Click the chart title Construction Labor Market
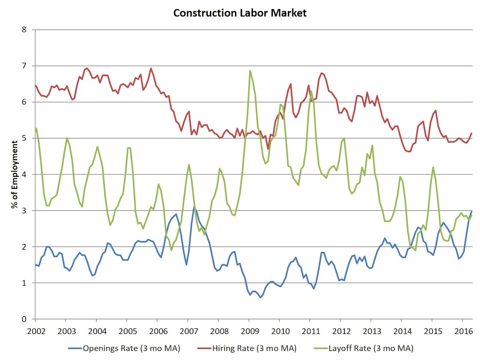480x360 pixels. (x=240, y=13)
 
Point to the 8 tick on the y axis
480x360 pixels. (x=24, y=30)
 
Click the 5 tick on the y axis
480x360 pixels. (x=24, y=138)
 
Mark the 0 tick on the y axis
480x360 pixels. (x=24, y=319)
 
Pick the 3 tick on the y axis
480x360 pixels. (x=24, y=210)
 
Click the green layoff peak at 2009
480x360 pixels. (x=250, y=71)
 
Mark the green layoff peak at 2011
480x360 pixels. (x=311, y=91)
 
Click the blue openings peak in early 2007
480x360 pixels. (x=194, y=207)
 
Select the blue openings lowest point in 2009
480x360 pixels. (x=260, y=297)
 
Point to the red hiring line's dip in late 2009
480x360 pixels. (x=268, y=148)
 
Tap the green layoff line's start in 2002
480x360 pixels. (x=36, y=128)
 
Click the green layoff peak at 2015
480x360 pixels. (x=433, y=167)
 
